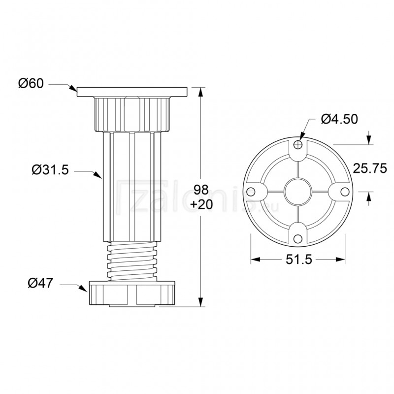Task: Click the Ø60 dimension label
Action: [32, 84]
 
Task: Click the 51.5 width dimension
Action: [297, 260]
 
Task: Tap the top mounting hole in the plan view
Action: [297, 144]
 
